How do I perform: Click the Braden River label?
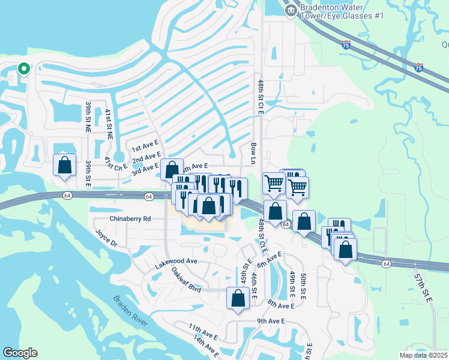click(130, 311)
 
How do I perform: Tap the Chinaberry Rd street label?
click(130, 219)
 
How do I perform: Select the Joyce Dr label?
click(106, 238)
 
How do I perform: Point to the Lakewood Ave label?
click(176, 262)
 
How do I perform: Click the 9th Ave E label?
click(271, 321)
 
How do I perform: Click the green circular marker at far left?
click(24, 68)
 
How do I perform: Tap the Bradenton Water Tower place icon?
click(291, 10)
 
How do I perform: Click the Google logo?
click(20, 353)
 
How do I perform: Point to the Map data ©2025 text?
click(423, 355)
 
